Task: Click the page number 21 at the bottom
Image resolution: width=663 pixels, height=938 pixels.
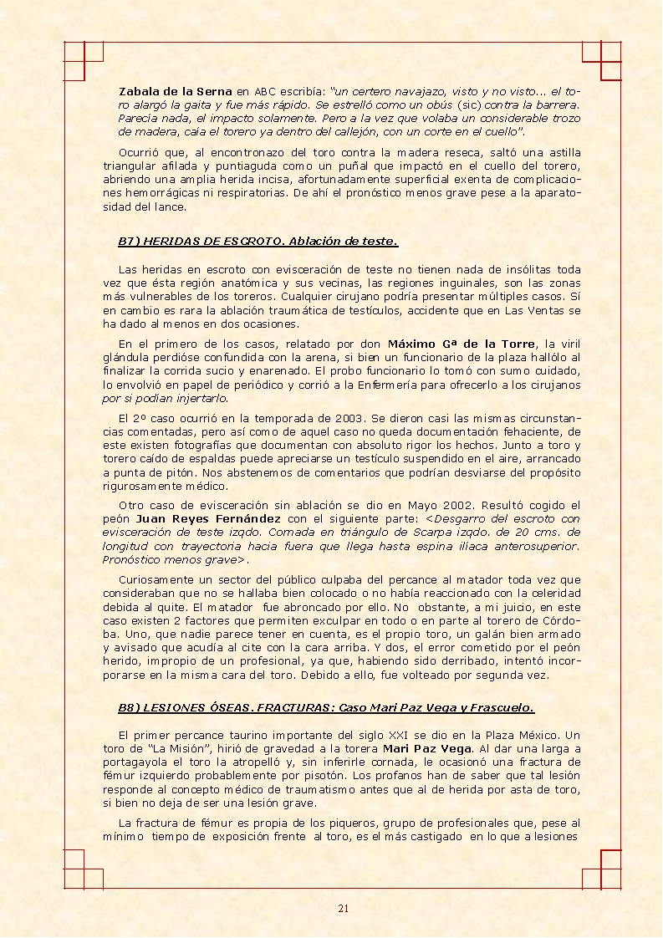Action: pos(343,909)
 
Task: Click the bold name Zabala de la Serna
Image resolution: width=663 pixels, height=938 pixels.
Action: pos(175,90)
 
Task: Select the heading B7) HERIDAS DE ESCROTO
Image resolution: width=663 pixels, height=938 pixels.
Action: pos(201,242)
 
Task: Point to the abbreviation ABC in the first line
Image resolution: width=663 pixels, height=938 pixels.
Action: pos(264,90)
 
